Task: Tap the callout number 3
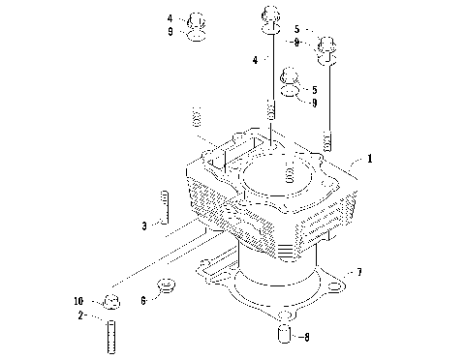[143, 225]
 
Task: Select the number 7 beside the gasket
[358, 273]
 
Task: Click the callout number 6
[143, 301]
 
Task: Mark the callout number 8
[306, 338]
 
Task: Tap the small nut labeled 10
[110, 299]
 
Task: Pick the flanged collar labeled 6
[167, 285]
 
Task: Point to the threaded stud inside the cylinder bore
[288, 174]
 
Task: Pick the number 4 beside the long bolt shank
[255, 59]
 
